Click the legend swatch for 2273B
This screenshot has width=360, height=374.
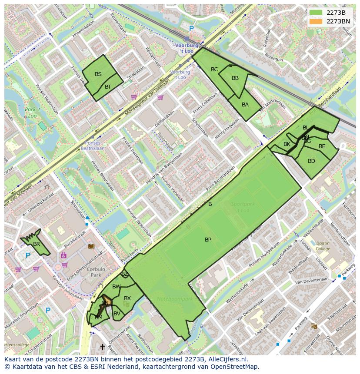pyautogui.click(x=316, y=13)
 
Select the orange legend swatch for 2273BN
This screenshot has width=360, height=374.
pyautogui.click(x=316, y=21)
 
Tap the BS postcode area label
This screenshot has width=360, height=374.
pyautogui.click(x=98, y=74)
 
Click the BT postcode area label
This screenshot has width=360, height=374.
pyautogui.click(x=108, y=87)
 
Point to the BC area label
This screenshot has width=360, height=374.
pyautogui.click(x=214, y=70)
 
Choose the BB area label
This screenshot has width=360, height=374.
pyautogui.click(x=235, y=78)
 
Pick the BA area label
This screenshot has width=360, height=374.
pyautogui.click(x=245, y=105)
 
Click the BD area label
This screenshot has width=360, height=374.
pyautogui.click(x=311, y=161)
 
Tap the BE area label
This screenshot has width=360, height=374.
pyautogui.click(x=322, y=146)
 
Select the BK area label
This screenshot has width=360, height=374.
pyautogui.click(x=287, y=144)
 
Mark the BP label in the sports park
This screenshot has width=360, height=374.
pyautogui.click(x=208, y=240)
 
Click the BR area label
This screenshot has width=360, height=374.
pyautogui.click(x=37, y=244)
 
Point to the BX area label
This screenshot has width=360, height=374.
pyautogui.click(x=127, y=298)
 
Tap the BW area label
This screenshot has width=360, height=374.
pyautogui.click(x=116, y=287)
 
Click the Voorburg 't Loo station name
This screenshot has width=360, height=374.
pyautogui.click(x=186, y=48)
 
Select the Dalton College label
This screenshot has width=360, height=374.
pyautogui.click(x=323, y=246)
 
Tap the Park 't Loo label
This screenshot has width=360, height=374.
pyautogui.click(x=32, y=113)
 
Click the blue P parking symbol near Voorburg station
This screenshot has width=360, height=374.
pyautogui.click(x=191, y=29)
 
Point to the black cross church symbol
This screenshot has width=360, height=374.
pyautogui.click(x=103, y=347)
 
